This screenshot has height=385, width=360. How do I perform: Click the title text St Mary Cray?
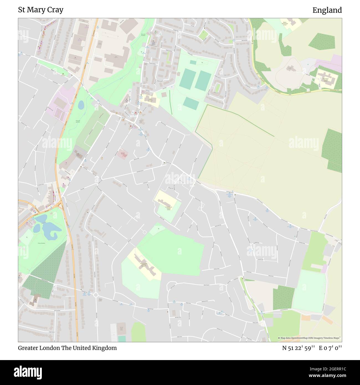tap(41, 10)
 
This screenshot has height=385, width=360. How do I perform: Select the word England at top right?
tap(327, 10)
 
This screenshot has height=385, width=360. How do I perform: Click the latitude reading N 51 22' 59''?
tap(298, 348)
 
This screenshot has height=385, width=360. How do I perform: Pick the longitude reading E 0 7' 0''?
tap(330, 348)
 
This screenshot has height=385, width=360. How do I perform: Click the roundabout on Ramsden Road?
tap(96, 295)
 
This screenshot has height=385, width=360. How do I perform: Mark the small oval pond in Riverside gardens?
tap(81, 105)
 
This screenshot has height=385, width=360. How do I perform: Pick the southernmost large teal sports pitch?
tap(191, 103)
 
